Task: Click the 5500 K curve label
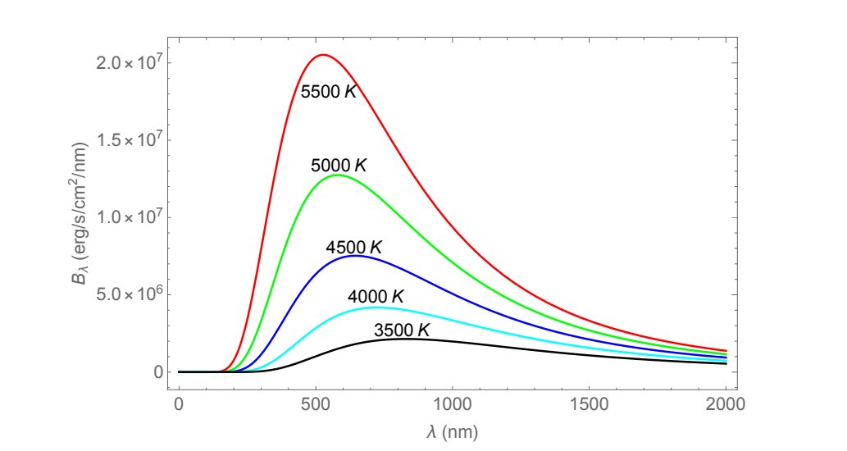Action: coord(329,92)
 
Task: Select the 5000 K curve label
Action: coord(338,166)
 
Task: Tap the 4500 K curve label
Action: coord(354,247)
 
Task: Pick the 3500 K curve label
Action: coord(402,330)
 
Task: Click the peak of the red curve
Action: coord(323,55)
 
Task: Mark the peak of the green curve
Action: coord(337,175)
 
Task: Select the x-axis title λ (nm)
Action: coord(452,430)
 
